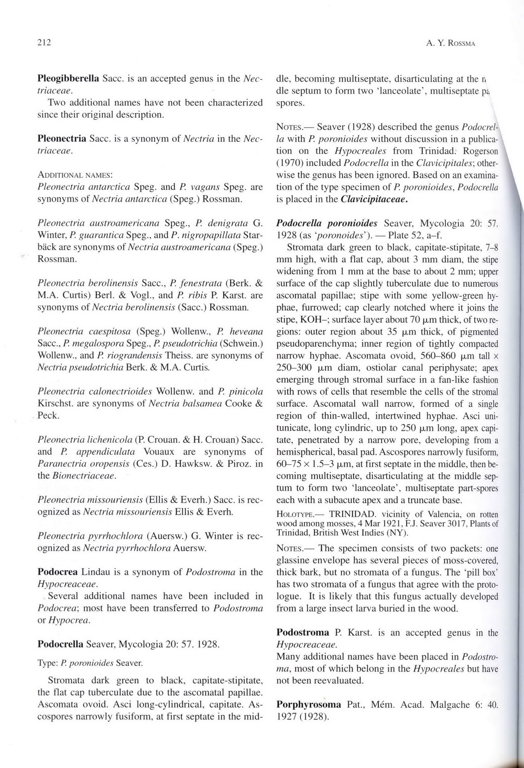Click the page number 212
tap(43, 43)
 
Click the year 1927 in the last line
tap(287, 717)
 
